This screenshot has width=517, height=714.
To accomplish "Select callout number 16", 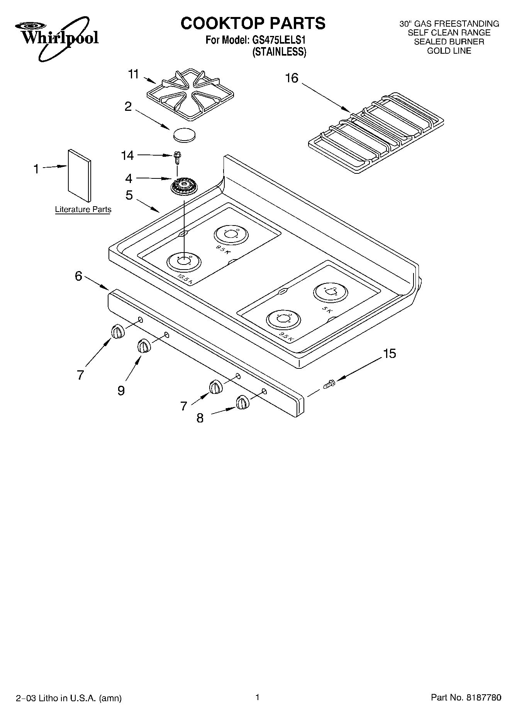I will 292,78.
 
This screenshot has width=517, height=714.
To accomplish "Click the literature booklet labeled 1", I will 80,176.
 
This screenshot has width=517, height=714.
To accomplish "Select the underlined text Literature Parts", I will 83,210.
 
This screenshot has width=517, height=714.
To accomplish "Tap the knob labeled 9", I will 144,346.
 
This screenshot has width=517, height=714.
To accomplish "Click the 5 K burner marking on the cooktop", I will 327,309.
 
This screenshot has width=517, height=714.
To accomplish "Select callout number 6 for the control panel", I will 78,276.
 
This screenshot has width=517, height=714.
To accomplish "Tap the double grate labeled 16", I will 377,132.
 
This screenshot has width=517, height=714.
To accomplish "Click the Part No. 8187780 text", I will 466,698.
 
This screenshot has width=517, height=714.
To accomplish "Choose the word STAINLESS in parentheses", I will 279,52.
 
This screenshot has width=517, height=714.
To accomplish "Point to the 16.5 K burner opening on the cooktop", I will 184,261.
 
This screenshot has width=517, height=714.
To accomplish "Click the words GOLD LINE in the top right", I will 449,51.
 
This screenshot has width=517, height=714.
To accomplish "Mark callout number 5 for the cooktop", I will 129,195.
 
